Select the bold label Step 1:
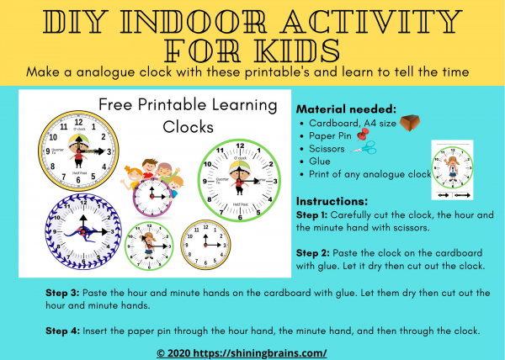click(x=316, y=215)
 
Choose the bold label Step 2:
click(x=316, y=253)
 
